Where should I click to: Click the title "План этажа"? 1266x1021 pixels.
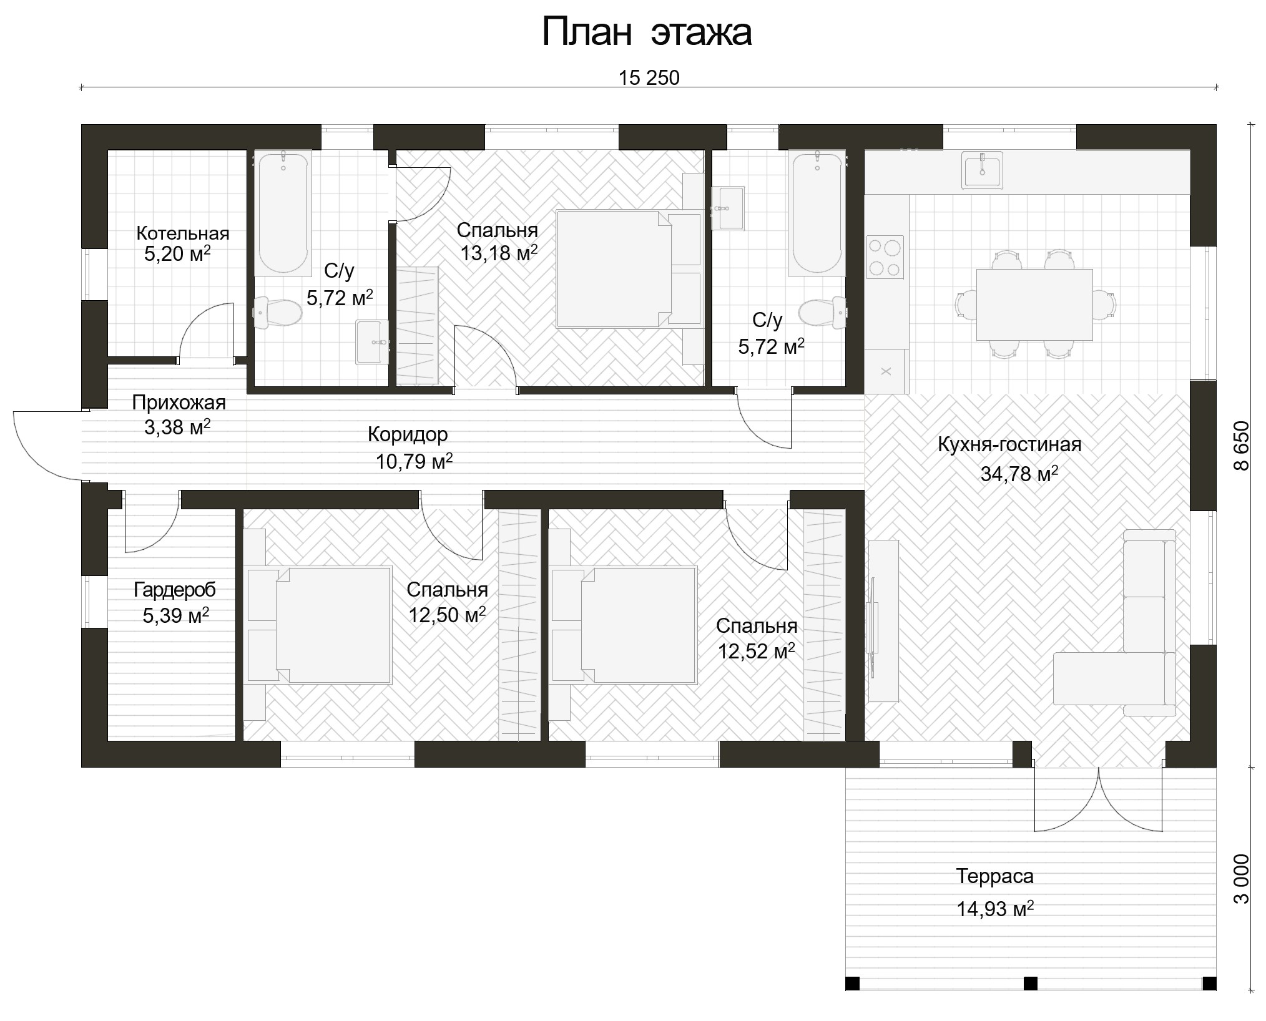pyautogui.click(x=647, y=32)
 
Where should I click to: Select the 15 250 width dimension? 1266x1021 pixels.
pyautogui.click(x=649, y=77)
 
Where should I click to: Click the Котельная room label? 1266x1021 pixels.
pyautogui.click(x=183, y=233)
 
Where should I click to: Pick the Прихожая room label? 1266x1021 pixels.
pyautogui.click(x=179, y=403)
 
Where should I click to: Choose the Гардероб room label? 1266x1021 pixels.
pyautogui.click(x=175, y=589)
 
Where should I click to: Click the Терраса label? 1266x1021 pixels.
pyautogui.click(x=995, y=876)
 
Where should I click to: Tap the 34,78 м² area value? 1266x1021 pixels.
pyautogui.click(x=1019, y=474)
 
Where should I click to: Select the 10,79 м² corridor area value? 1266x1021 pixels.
pyautogui.click(x=414, y=461)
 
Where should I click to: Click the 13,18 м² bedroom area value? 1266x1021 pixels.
pyautogui.click(x=499, y=253)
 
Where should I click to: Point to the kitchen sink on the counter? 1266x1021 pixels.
pyautogui.click(x=982, y=170)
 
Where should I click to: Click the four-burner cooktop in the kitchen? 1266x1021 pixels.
pyautogui.click(x=885, y=256)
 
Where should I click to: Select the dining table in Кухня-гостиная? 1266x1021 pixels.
pyautogui.click(x=1034, y=305)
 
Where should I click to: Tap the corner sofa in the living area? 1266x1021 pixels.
pyautogui.click(x=1115, y=623)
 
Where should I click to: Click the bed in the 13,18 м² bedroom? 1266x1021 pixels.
pyautogui.click(x=629, y=269)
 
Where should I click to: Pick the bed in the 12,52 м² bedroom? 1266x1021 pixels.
pyautogui.click(x=624, y=624)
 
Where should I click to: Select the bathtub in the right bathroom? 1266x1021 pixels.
pyautogui.click(x=817, y=213)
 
